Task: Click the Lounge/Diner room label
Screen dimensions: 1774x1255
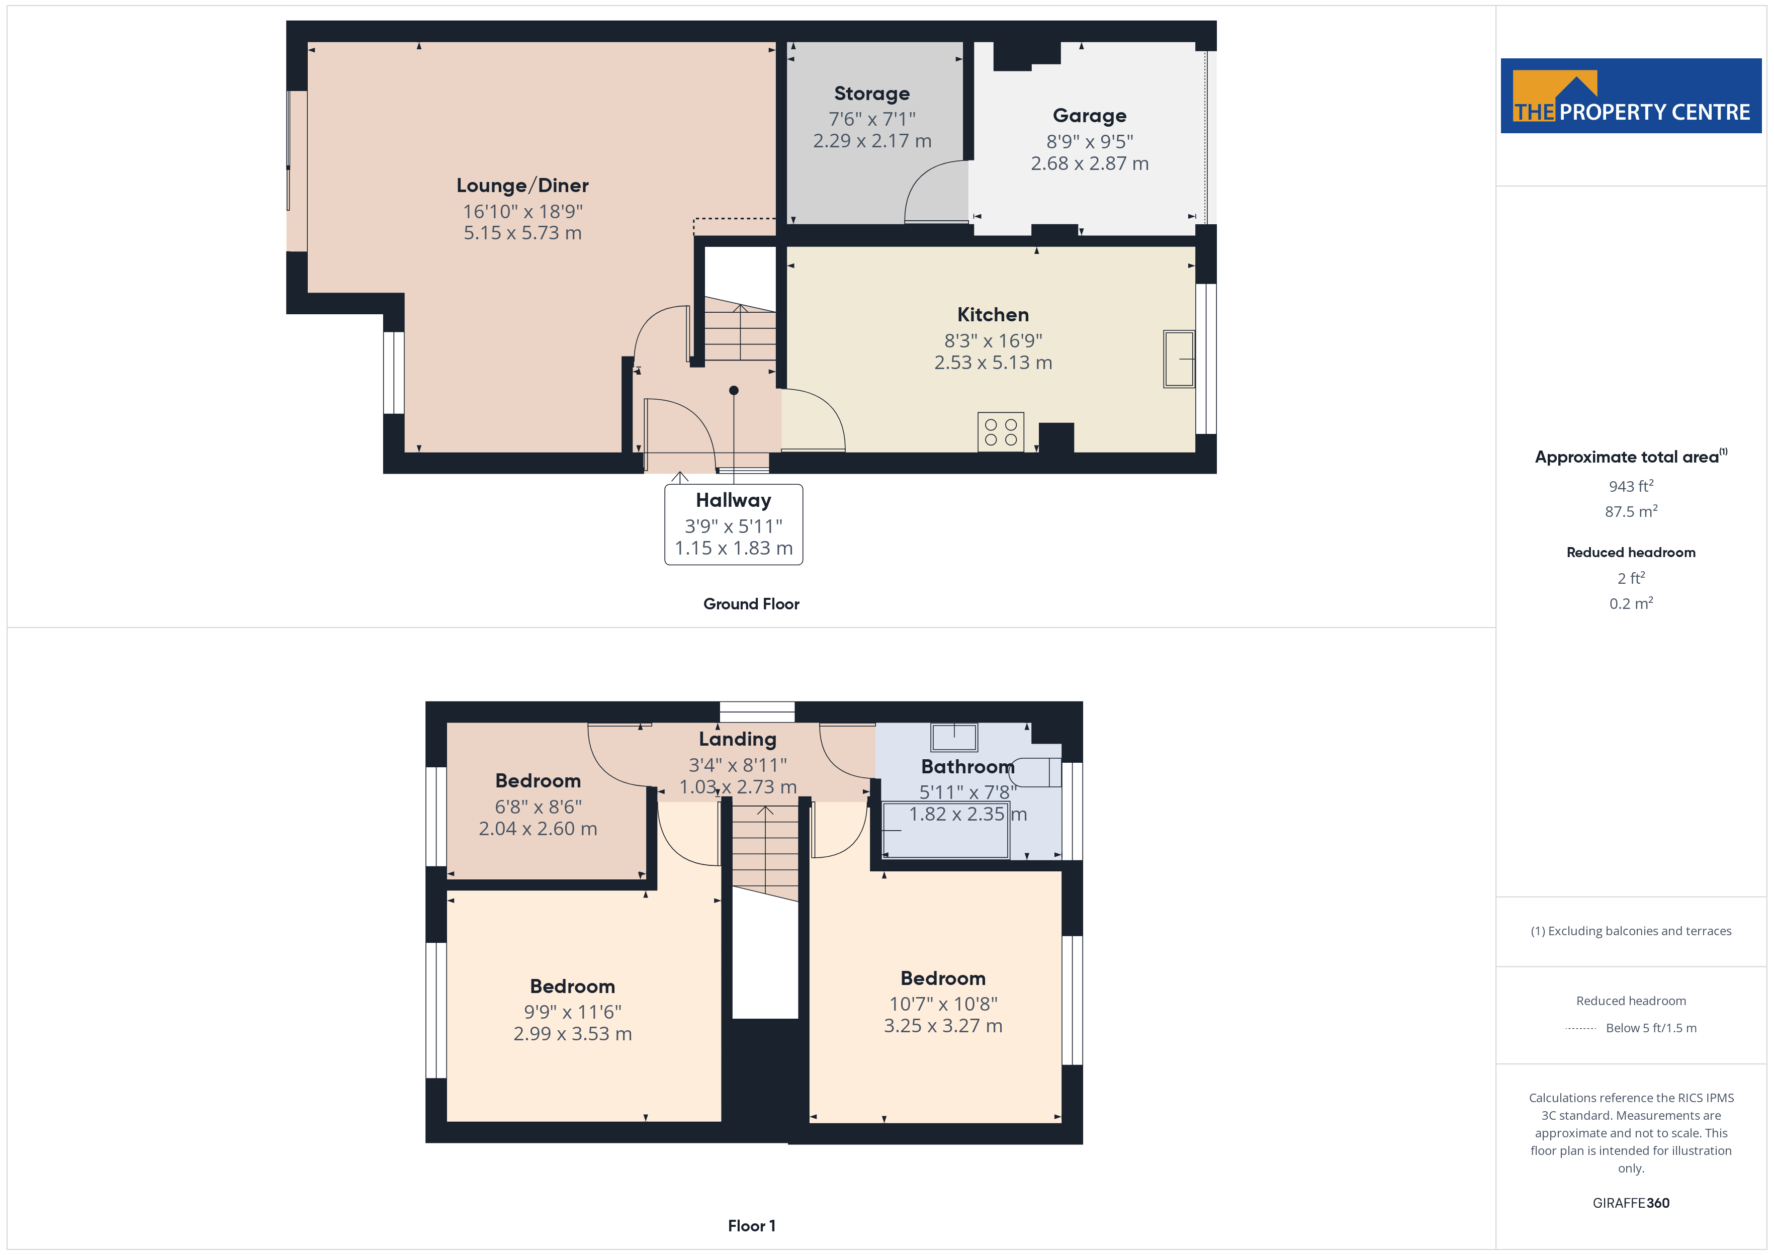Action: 522,186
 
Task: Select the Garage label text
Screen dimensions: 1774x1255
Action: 1090,116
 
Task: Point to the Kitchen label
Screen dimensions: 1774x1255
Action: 993,315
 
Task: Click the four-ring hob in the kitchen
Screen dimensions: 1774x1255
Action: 1001,432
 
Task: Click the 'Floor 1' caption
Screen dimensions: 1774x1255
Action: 751,1226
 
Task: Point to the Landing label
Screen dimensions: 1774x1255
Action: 737,740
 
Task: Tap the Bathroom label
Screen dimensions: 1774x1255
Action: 967,767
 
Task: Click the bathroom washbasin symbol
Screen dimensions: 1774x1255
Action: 954,737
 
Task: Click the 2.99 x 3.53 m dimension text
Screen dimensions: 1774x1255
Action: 573,1034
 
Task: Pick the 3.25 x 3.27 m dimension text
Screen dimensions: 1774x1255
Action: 943,1026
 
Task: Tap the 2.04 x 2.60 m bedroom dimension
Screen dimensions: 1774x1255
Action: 538,829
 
